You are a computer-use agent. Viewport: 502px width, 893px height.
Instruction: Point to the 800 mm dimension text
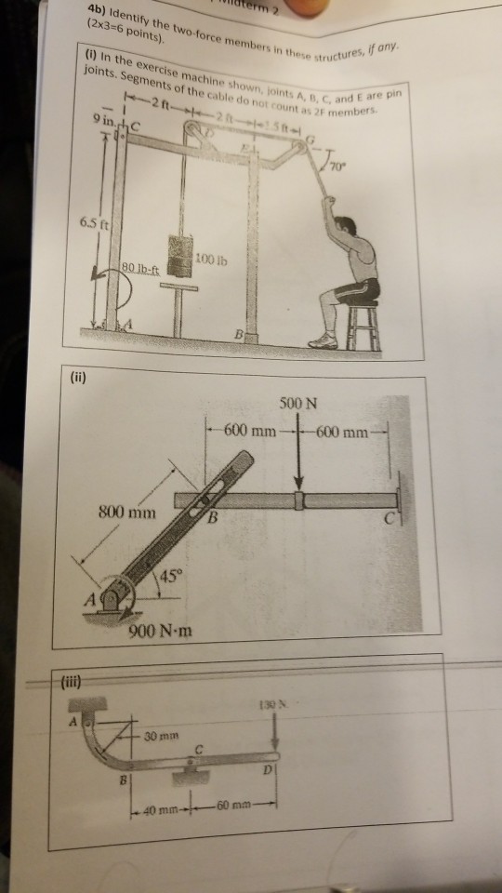point(127,513)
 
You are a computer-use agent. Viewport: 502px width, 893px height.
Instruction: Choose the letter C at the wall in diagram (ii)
point(393,519)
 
